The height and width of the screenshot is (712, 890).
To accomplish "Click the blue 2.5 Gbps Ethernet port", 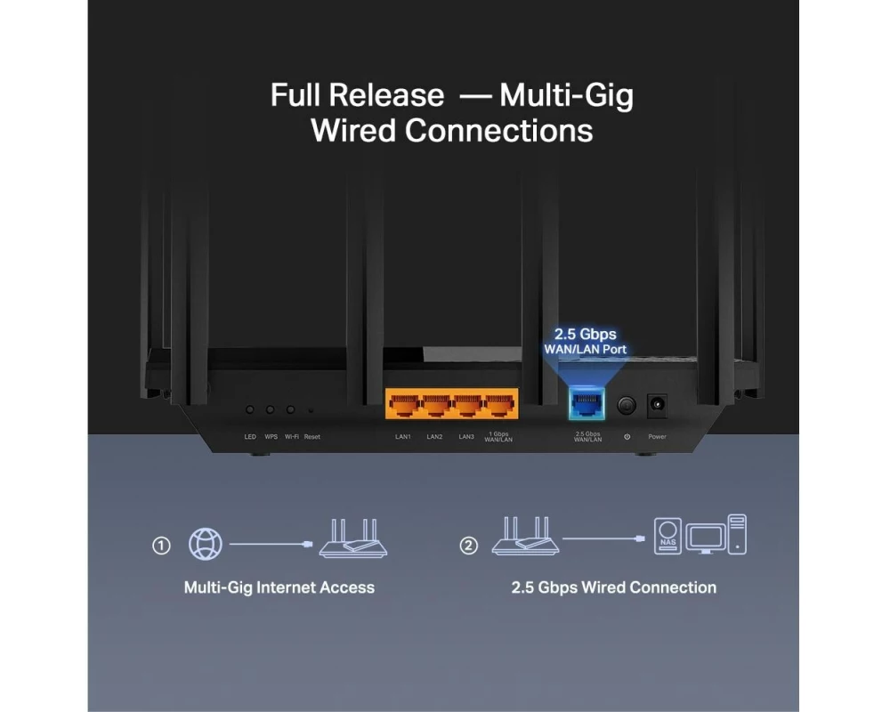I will (x=587, y=405).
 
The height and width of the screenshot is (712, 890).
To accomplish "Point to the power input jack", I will (x=657, y=405).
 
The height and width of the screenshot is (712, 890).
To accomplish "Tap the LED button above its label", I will (x=250, y=409).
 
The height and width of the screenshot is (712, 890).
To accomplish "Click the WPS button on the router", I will (x=271, y=409).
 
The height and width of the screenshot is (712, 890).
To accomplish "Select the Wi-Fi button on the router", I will (x=291, y=409).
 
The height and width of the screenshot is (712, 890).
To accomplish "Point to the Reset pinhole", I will (x=311, y=410).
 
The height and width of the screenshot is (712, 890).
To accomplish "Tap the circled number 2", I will (x=468, y=546).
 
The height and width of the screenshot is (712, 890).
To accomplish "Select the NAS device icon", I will (x=667, y=536).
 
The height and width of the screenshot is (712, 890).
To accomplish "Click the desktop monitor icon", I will (x=705, y=538).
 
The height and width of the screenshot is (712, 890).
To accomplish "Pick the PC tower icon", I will (x=737, y=534).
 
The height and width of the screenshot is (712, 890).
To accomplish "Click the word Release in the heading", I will (x=386, y=95).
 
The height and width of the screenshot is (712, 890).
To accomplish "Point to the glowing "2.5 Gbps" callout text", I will (x=586, y=334).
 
